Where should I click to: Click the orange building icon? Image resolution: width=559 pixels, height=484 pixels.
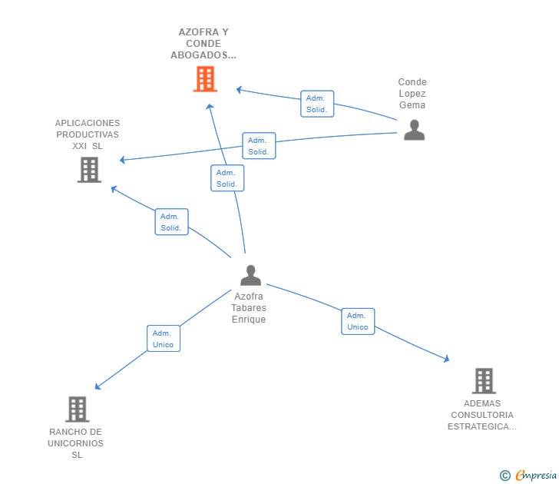[x=205, y=79]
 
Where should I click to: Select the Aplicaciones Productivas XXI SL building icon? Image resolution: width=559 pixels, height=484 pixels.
[x=89, y=170]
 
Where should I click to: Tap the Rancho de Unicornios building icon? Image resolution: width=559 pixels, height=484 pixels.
[x=78, y=409]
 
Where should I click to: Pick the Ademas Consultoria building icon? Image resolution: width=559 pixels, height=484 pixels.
[x=484, y=381]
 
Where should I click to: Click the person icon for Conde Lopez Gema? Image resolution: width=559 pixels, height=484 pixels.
[x=415, y=130]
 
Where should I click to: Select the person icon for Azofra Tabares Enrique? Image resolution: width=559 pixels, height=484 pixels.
[x=250, y=275]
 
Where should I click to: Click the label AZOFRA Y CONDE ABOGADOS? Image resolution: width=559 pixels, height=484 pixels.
[x=203, y=44]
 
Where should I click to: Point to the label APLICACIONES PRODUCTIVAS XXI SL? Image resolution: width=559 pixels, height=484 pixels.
[x=88, y=134]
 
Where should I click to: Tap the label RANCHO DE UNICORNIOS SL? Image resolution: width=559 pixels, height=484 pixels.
[x=75, y=443]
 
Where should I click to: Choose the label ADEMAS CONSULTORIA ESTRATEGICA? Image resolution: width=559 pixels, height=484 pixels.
[x=482, y=415]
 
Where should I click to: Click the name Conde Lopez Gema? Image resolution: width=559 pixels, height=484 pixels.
[x=412, y=94]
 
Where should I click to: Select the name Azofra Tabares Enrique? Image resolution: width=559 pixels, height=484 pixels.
[x=249, y=308]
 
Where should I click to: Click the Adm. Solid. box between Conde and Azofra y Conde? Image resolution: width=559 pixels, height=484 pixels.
[x=317, y=104]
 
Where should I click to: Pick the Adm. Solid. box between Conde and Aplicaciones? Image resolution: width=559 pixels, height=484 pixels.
[x=260, y=146]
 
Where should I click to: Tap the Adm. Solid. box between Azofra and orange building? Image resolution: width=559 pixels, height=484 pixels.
[x=227, y=178]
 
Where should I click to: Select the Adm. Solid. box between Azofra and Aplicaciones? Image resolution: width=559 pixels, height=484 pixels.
[x=171, y=222]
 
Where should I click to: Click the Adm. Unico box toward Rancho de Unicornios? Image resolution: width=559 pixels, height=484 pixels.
[x=164, y=339]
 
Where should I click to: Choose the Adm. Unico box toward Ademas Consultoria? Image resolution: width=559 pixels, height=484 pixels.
[x=358, y=321]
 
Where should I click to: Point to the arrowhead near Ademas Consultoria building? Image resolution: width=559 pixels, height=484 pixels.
[x=446, y=360]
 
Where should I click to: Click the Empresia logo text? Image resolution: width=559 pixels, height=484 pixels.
[x=536, y=476]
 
